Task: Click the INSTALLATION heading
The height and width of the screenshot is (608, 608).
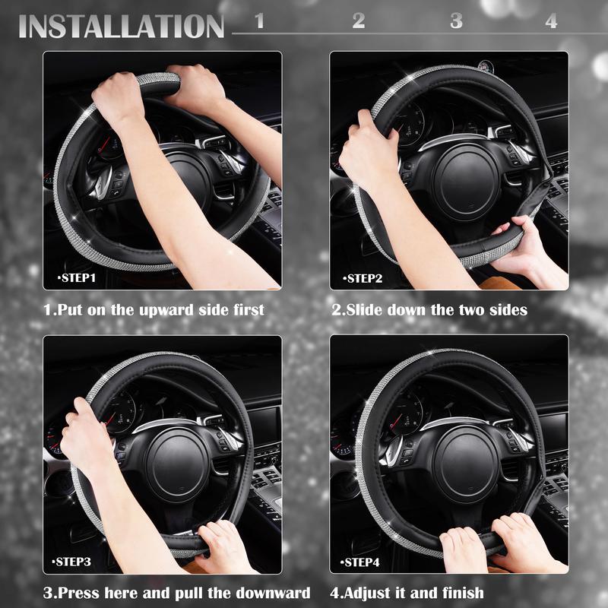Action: [x=122, y=25]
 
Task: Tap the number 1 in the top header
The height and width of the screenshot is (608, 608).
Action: [x=259, y=21]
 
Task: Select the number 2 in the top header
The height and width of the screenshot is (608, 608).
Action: [x=358, y=21]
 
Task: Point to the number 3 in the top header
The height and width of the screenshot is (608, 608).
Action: [x=456, y=21]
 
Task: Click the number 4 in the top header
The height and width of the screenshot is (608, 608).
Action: [x=551, y=21]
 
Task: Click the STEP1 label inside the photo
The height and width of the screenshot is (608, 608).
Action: [x=77, y=278]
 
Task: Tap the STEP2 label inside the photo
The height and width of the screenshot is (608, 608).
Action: [x=364, y=278]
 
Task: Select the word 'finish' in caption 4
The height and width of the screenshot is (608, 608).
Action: [x=459, y=593]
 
